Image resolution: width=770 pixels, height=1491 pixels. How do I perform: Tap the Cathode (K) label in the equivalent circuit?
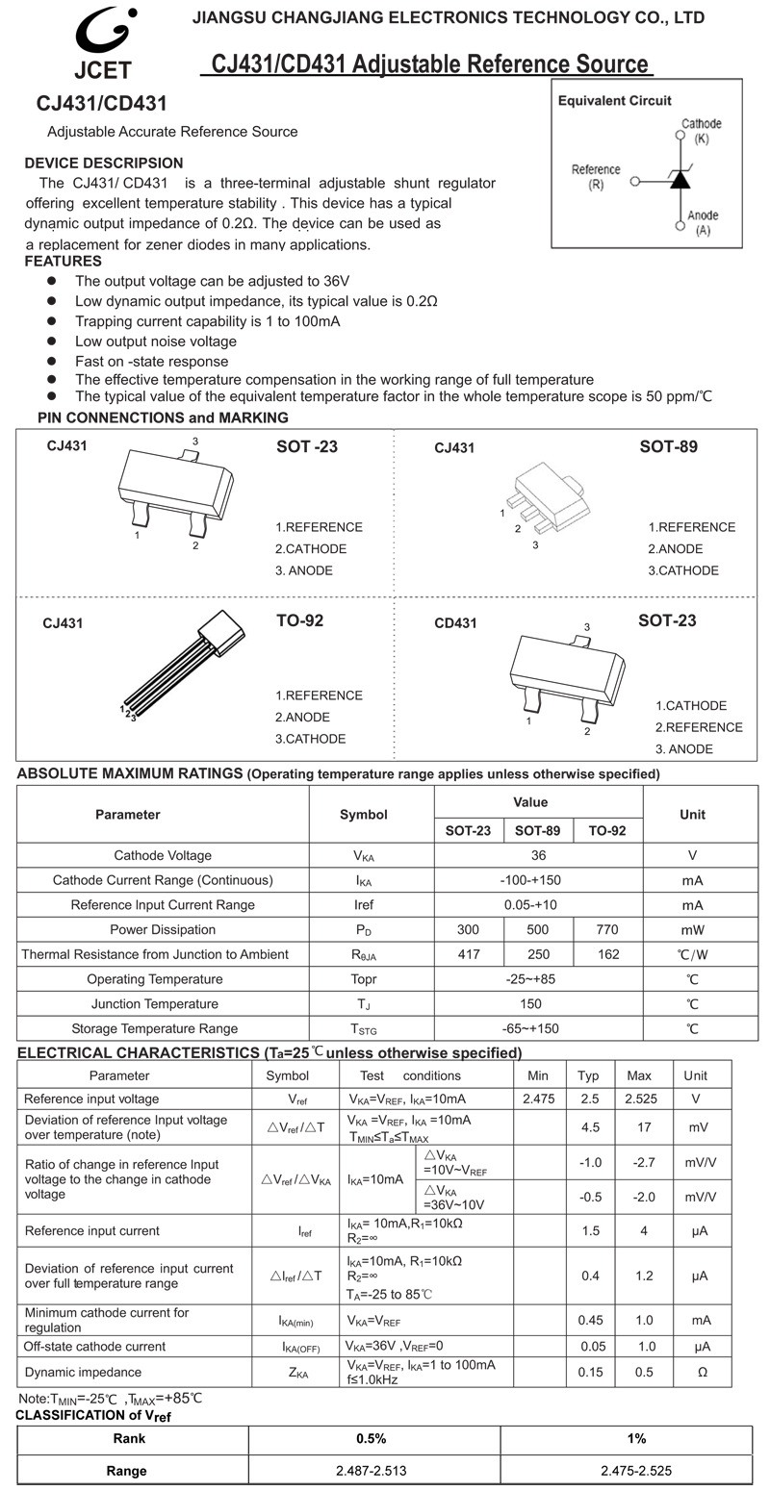(x=701, y=131)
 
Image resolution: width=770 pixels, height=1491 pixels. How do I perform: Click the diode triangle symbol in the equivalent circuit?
(x=680, y=180)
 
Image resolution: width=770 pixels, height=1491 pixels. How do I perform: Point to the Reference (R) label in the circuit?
(x=596, y=176)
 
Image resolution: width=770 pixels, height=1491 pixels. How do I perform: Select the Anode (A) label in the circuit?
(x=703, y=222)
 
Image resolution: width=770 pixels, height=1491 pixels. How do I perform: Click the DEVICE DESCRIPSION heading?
(x=103, y=164)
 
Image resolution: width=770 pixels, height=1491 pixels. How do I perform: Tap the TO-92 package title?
(x=299, y=620)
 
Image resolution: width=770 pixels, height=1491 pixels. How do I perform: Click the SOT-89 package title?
(x=668, y=446)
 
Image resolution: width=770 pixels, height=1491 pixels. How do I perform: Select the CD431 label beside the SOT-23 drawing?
(x=455, y=623)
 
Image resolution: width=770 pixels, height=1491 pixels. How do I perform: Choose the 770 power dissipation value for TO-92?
(x=607, y=930)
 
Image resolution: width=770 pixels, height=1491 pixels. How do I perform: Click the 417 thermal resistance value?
(x=469, y=955)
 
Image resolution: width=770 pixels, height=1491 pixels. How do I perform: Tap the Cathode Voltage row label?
(x=163, y=856)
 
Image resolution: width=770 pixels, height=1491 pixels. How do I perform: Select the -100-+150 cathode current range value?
(x=538, y=881)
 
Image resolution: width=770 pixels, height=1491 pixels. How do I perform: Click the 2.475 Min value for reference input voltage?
(x=538, y=1099)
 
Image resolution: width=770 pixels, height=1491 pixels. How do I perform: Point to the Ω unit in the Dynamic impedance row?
(x=702, y=1373)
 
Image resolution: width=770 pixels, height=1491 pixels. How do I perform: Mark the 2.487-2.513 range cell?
(x=374, y=1471)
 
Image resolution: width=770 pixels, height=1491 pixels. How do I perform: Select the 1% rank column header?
(x=636, y=1439)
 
